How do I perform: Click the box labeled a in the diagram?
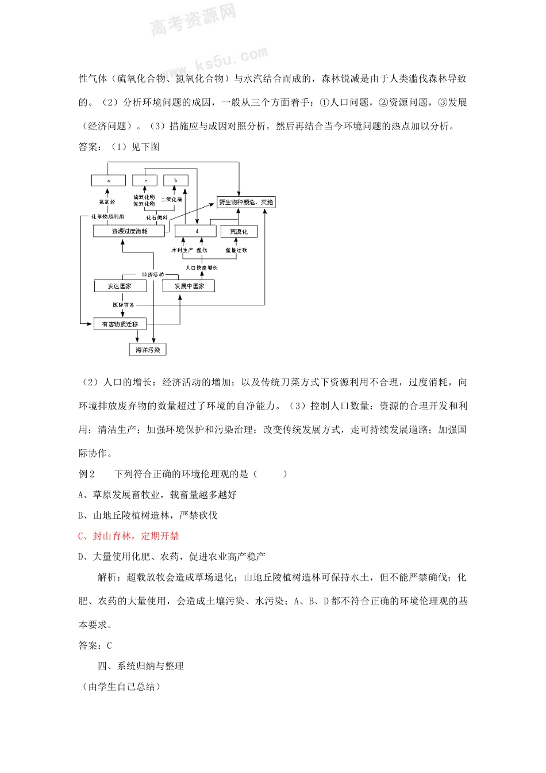point(108,181)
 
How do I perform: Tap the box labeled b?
point(175,181)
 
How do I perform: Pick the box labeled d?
point(197,231)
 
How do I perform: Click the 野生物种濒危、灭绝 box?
point(245,202)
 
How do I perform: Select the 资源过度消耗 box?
point(129,231)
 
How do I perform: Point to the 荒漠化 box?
point(239,231)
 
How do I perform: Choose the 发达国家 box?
point(120,286)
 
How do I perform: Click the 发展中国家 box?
point(189,286)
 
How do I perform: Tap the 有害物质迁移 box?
point(120,324)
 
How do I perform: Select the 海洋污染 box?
point(147,350)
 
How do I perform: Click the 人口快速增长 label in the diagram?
point(201,267)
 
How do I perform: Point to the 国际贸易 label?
point(123,305)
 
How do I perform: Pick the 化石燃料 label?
point(156,217)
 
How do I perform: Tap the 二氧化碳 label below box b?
point(171,200)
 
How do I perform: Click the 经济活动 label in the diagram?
point(153,274)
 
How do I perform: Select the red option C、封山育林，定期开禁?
point(128,536)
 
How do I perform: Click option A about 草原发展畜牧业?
point(157,495)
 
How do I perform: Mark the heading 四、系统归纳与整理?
point(141,666)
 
